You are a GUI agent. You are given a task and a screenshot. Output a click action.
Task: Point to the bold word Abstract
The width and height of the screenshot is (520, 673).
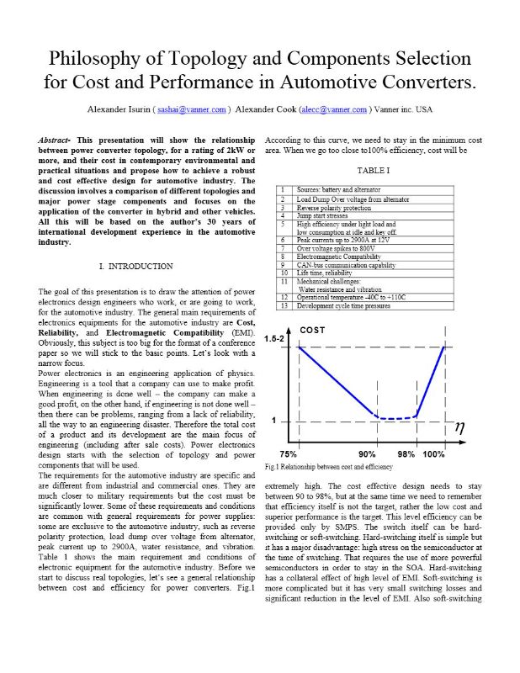(58, 138)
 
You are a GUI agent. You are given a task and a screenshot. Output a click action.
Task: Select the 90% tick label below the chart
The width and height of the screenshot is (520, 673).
(367, 454)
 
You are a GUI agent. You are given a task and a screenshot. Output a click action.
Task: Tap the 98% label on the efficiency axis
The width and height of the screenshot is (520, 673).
(406, 454)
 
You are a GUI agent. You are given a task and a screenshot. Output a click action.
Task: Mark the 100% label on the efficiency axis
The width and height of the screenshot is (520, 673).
(434, 454)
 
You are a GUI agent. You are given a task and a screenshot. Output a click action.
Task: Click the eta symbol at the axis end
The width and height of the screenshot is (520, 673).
(459, 426)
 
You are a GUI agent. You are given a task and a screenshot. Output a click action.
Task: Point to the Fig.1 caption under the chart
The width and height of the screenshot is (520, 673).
(329, 466)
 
